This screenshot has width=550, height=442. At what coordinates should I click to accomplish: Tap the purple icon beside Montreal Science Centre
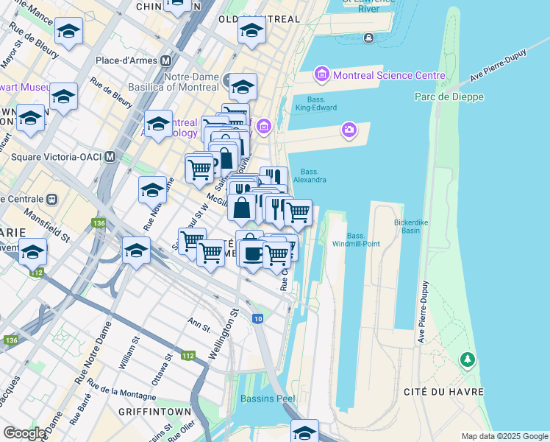coord(321,75)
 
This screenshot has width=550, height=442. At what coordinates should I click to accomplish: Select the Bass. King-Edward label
coord(316,103)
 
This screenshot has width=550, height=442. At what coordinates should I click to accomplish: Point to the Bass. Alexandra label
coord(310,175)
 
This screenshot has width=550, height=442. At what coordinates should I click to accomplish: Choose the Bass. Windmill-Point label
coord(356,239)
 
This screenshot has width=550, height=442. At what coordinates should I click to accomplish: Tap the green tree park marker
coord(466,359)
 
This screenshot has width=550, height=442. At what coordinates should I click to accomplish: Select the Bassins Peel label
coord(268,399)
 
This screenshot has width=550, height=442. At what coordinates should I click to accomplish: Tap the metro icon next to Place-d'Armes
coord(167,60)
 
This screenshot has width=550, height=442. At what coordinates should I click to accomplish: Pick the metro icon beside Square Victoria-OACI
coord(110,156)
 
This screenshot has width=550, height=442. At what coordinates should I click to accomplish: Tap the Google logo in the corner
coord(24,433)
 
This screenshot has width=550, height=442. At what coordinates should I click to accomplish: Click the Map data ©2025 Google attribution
coord(504,436)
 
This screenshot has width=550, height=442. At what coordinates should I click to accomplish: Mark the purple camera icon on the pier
coord(349,130)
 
